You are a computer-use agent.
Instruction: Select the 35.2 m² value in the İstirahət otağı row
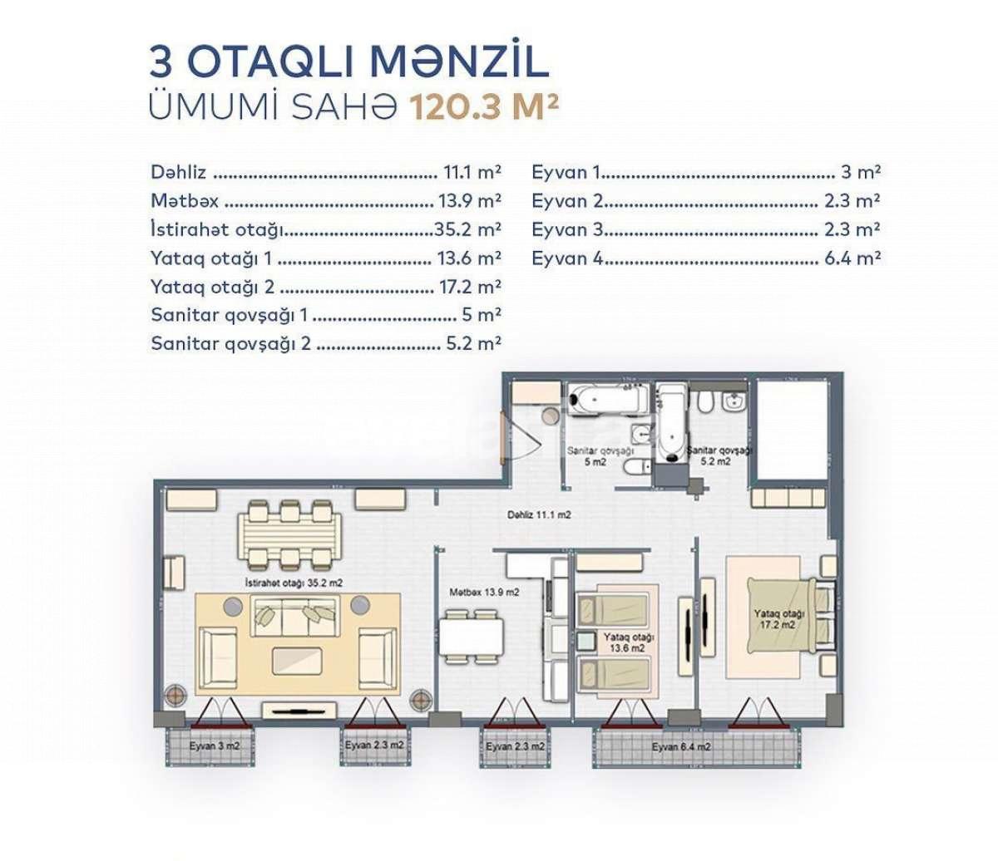click(467, 229)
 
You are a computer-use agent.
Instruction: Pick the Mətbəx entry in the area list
click(185, 201)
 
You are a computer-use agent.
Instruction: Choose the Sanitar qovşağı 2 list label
click(230, 342)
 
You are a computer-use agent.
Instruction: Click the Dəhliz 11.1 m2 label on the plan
click(539, 515)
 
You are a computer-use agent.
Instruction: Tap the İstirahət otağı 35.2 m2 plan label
click(294, 583)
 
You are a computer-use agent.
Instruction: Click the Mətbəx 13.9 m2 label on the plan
click(484, 593)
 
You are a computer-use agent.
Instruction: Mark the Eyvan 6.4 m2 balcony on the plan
click(681, 747)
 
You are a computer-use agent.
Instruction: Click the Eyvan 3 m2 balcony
click(214, 745)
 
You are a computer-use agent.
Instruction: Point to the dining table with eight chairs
click(289, 532)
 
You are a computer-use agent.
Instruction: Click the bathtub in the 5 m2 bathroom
click(605, 398)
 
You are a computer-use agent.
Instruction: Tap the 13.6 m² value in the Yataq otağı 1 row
click(468, 258)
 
